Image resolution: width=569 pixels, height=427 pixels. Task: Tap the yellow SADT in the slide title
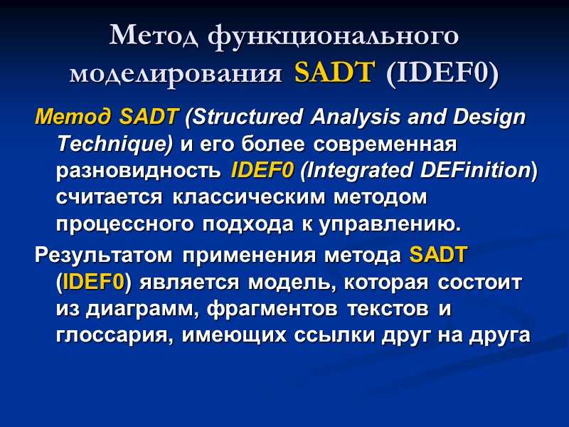[332, 73]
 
